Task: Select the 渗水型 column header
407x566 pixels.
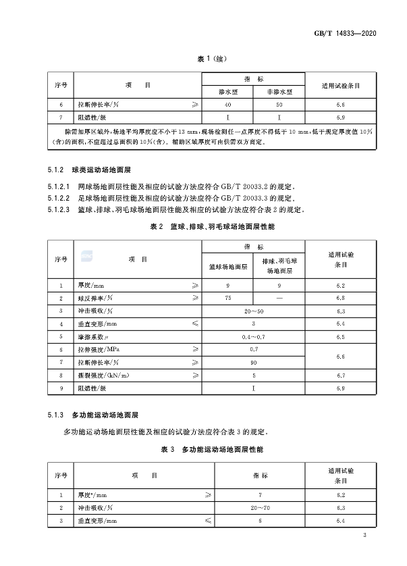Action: point(228,91)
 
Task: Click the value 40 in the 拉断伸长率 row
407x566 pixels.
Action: point(228,105)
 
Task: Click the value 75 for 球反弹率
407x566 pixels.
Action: point(228,298)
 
